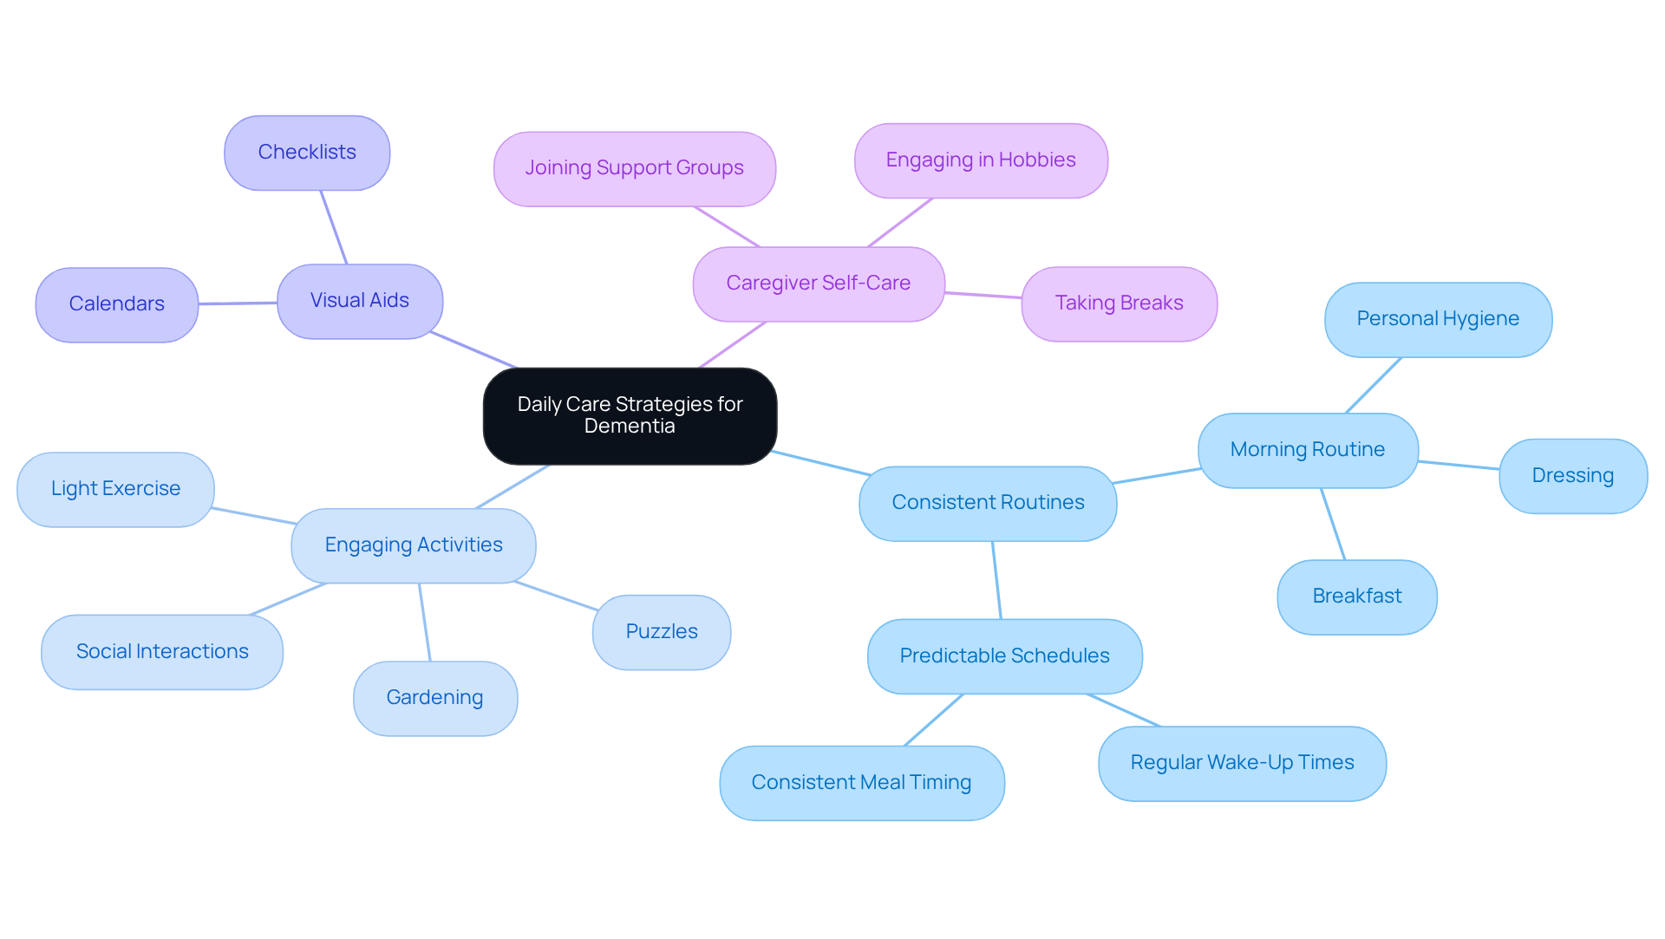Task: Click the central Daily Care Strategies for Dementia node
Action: pyautogui.click(x=630, y=415)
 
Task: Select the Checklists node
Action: pyautogui.click(x=307, y=153)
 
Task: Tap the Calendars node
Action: pyautogui.click(x=117, y=304)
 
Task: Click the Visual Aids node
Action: pyautogui.click(x=360, y=301)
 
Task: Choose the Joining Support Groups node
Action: pyautogui.click(x=634, y=168)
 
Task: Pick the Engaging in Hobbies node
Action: pyautogui.click(x=981, y=160)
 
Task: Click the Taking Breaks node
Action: pyautogui.click(x=1119, y=303)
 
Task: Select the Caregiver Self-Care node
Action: pyautogui.click(x=819, y=284)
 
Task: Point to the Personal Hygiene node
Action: pyautogui.click(x=1438, y=319)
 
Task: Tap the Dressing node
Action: pyautogui.click(x=1572, y=476)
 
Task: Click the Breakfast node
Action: pyautogui.click(x=1356, y=597)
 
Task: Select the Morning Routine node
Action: pyautogui.click(x=1308, y=450)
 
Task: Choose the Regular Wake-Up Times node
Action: pyautogui.click(x=1242, y=763)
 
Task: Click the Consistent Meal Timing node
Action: pyautogui.click(x=861, y=783)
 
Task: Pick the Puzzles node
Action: pyautogui.click(x=662, y=632)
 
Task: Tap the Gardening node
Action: pyautogui.click(x=434, y=698)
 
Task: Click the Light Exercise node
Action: pyautogui.click(x=115, y=489)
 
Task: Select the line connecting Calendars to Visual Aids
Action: pyautogui.click(x=238, y=303)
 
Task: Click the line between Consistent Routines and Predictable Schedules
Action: pyautogui.click(x=996, y=580)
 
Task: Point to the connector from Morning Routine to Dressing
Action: pyautogui.click(x=1459, y=466)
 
